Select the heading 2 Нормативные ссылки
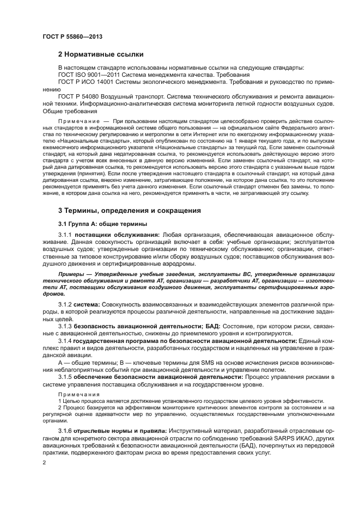click(x=101, y=54)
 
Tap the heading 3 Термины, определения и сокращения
click(x=129, y=210)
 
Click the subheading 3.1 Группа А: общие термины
click(x=100, y=224)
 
